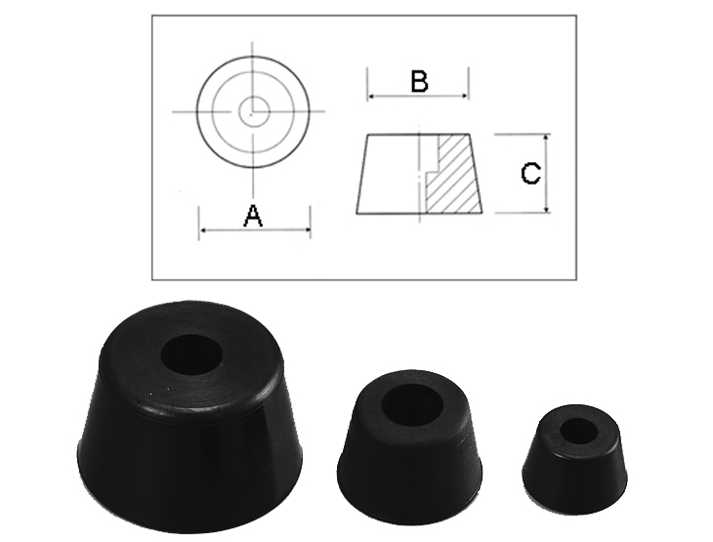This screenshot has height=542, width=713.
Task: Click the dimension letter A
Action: (253, 216)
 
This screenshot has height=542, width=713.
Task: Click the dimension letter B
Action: (419, 81)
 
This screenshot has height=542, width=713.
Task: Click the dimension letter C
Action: (530, 173)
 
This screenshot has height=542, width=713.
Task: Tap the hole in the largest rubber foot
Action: (191, 354)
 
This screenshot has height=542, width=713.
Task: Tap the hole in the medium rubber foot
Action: (411, 404)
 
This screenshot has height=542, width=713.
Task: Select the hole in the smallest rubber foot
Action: (578, 430)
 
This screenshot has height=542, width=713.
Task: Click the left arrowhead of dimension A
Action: (203, 230)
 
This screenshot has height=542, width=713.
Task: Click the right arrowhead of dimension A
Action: (307, 230)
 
